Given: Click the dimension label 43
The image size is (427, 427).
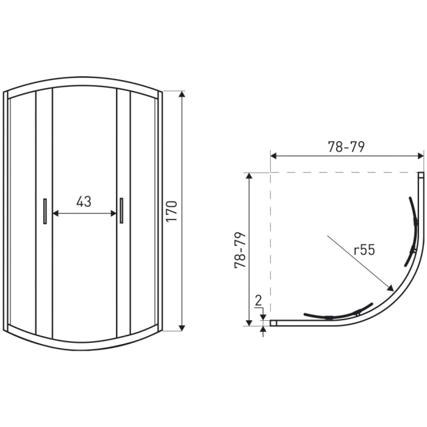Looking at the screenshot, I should (84, 202).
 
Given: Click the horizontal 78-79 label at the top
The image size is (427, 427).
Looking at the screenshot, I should (346, 147).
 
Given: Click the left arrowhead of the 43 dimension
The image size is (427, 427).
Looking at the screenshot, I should (56, 213).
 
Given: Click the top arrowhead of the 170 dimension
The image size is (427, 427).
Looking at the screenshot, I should (182, 95).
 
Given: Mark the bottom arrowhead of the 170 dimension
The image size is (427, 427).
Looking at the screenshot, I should (182, 327).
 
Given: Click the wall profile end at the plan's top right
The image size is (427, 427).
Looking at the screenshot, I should (421, 176).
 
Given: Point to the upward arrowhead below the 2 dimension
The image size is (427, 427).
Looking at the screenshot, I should (264, 331).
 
